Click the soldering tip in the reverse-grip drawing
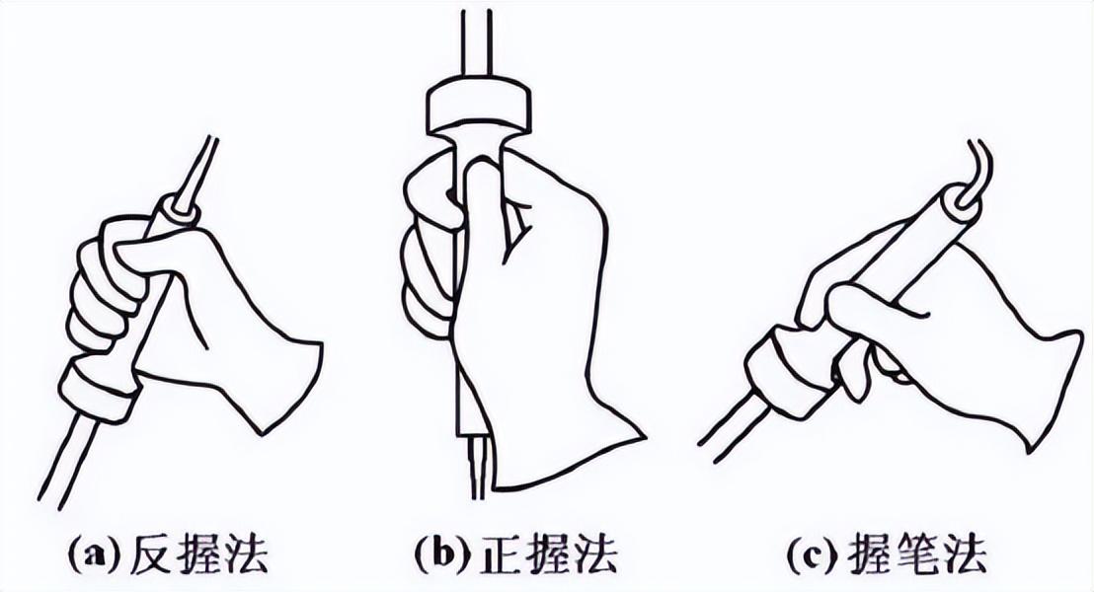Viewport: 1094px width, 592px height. (x=198, y=171)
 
